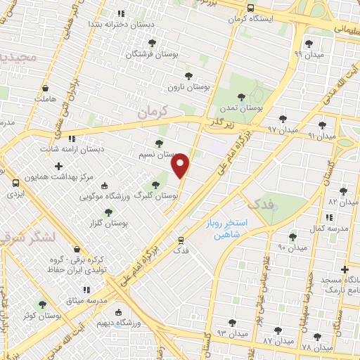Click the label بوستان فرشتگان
point(152,54)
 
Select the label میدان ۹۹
point(308,54)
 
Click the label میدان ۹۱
point(322,135)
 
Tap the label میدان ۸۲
point(343,202)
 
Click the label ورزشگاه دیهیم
point(140,323)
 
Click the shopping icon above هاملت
point(46,89)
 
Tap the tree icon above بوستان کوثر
point(42,304)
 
